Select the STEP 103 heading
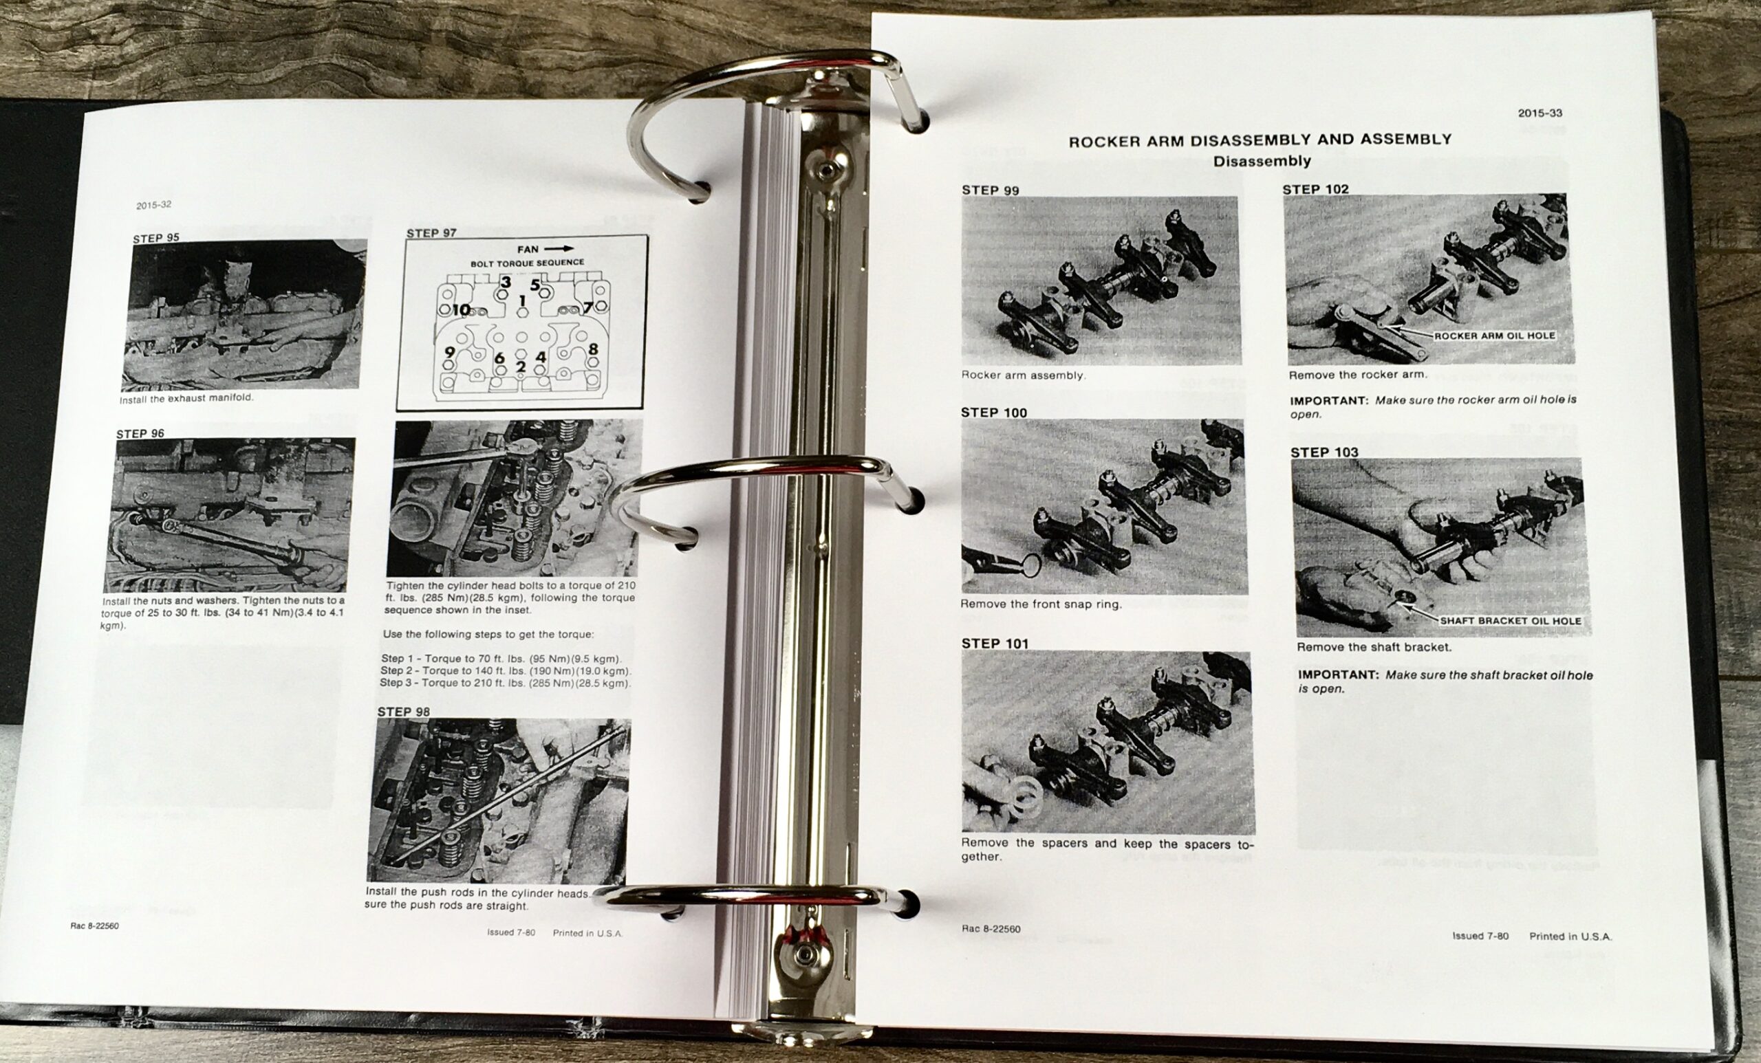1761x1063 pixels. [x=1324, y=452]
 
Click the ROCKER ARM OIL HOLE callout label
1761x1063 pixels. [x=1493, y=335]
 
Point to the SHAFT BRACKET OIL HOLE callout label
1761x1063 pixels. [x=1510, y=621]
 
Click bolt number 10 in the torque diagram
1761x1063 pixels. [x=461, y=310]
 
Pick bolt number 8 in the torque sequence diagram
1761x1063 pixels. [x=592, y=349]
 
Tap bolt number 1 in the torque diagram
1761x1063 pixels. [x=522, y=301]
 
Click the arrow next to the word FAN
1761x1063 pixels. [x=558, y=249]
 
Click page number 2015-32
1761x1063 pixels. [x=153, y=205]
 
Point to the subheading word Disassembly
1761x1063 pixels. [x=1262, y=161]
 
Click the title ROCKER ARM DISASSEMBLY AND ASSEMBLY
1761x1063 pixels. [x=1260, y=140]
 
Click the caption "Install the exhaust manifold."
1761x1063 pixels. [x=186, y=399]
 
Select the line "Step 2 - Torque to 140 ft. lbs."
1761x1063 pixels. [x=506, y=671]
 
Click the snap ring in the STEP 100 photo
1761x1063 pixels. [x=1030, y=565]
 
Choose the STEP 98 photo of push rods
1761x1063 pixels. [x=498, y=802]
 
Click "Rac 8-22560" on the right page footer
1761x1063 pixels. [x=991, y=930]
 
